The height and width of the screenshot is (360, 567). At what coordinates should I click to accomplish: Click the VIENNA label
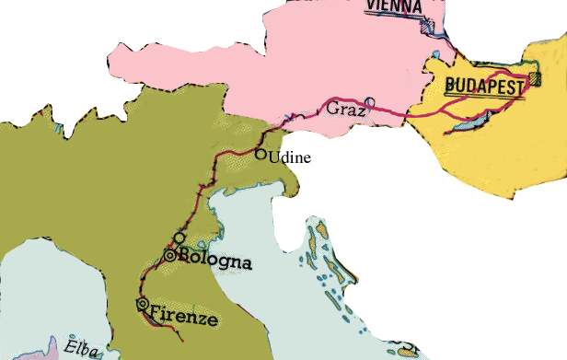[393, 6]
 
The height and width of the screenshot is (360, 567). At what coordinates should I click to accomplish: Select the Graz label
[346, 110]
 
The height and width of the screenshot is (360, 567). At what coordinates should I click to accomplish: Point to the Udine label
[290, 157]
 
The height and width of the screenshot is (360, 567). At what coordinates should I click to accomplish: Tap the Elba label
[83, 348]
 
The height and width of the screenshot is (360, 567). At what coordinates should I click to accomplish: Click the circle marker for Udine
[260, 154]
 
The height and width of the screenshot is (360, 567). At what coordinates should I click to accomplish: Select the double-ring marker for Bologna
[170, 256]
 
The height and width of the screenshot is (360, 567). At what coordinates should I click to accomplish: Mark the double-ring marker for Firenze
[142, 304]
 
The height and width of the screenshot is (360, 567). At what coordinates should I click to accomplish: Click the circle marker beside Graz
[370, 102]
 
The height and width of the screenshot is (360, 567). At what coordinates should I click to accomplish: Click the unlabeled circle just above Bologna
[179, 238]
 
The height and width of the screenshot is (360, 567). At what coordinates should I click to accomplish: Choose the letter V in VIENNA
[371, 6]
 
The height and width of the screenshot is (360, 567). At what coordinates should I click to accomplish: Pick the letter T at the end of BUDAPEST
[520, 86]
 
